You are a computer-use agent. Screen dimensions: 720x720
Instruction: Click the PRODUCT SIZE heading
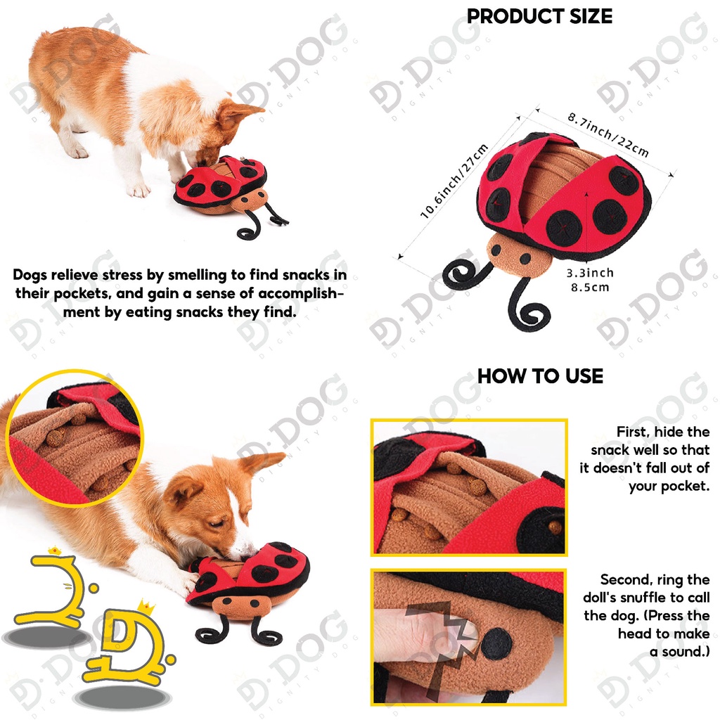coord(539,17)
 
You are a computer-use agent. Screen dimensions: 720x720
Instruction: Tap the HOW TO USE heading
coord(540,376)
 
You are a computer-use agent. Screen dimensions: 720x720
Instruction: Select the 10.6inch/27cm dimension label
coord(454,181)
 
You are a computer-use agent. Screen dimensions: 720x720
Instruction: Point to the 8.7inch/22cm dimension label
coord(608,134)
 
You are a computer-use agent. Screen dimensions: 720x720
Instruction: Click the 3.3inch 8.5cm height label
coord(590,280)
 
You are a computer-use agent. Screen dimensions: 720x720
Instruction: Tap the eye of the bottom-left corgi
coord(215,523)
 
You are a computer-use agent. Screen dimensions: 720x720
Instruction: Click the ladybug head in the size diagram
coord(519,255)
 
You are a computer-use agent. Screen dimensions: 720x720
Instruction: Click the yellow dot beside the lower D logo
coord(170,660)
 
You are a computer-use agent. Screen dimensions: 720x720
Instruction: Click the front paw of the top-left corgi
coord(141,190)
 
